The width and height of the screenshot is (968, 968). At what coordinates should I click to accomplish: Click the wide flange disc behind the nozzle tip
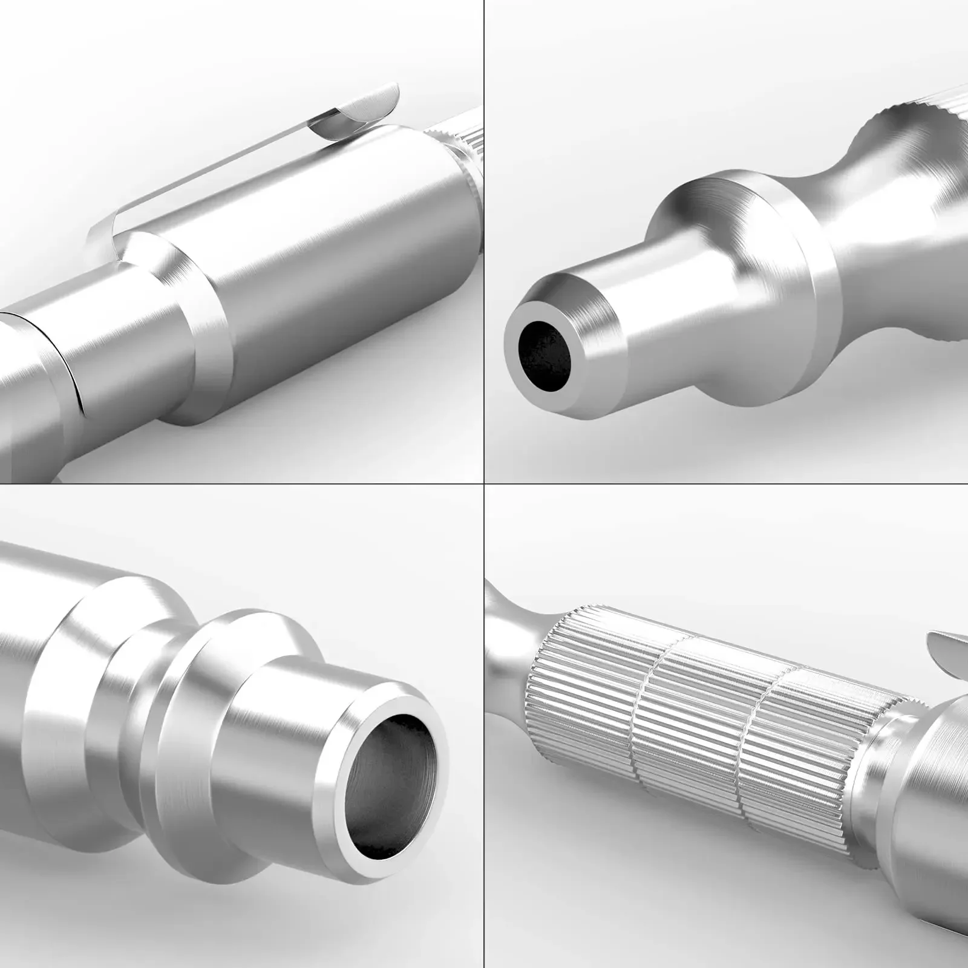(750, 242)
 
